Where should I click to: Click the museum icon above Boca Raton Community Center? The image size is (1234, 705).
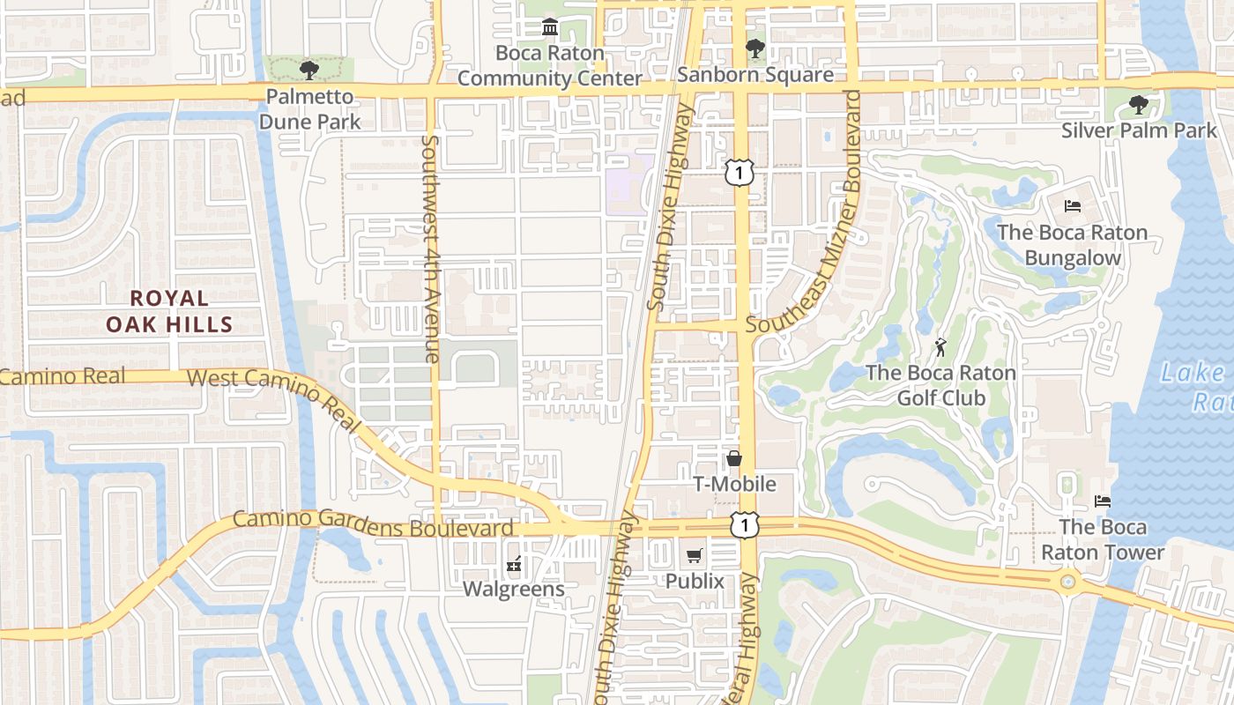click(551, 27)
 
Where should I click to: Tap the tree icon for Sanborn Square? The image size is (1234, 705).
click(755, 48)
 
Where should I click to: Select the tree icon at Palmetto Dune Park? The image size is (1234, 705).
click(308, 70)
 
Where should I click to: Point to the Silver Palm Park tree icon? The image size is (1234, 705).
click(1139, 105)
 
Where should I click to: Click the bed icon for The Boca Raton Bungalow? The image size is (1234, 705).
click(1073, 206)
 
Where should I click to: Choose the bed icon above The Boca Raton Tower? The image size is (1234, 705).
click(1103, 501)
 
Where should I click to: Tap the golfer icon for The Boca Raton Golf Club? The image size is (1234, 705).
click(940, 346)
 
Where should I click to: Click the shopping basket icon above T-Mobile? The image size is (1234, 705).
click(734, 458)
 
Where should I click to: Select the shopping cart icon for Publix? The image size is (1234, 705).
click(695, 555)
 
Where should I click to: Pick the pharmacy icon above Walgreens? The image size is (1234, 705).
click(515, 562)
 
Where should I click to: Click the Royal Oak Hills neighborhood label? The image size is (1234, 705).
click(169, 311)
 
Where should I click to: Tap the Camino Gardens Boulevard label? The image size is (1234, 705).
click(373, 523)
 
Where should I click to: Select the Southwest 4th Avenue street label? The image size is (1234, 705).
click(431, 249)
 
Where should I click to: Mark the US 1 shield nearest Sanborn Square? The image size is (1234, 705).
click(740, 173)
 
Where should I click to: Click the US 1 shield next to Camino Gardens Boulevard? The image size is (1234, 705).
click(745, 525)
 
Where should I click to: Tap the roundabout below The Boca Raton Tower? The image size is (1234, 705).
click(1068, 582)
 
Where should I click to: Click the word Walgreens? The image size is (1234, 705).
click(515, 588)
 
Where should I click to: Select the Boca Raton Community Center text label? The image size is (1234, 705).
click(550, 65)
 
